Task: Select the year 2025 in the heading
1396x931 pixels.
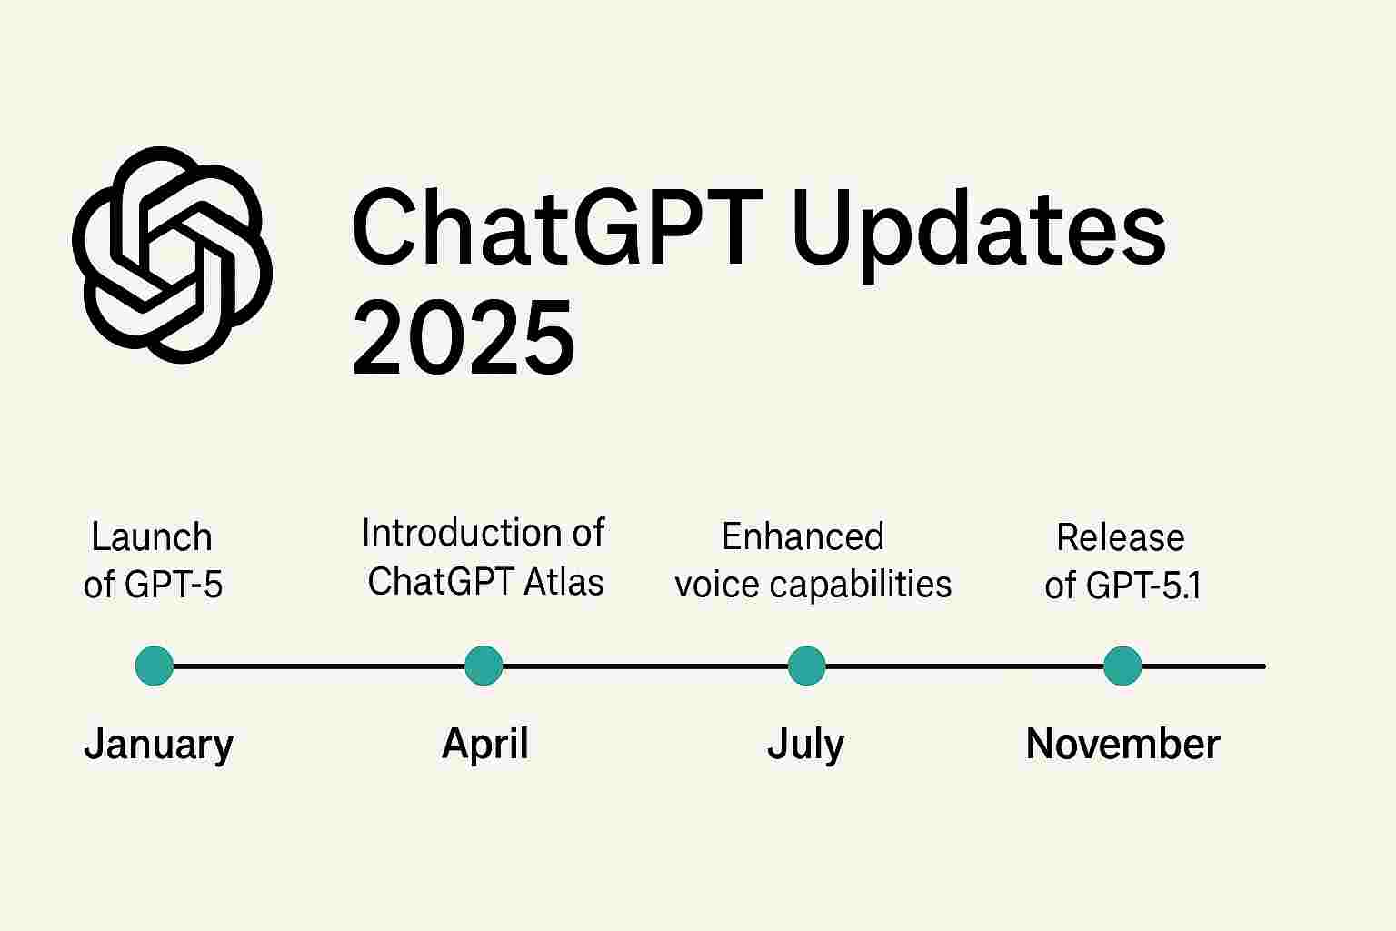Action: (464, 336)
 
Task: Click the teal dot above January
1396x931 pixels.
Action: (154, 666)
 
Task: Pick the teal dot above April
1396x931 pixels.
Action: (484, 666)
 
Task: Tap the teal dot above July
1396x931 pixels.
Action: (806, 666)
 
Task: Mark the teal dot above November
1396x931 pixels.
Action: (1122, 666)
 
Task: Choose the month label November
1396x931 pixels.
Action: (1123, 744)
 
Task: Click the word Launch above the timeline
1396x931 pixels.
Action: (152, 537)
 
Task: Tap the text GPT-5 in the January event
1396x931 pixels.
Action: (174, 585)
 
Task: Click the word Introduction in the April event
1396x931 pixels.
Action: (462, 533)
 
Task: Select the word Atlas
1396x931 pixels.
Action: (563, 582)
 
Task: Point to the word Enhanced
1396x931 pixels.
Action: (803, 536)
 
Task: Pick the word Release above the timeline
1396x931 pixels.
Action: (1121, 537)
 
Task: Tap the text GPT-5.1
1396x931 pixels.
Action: (1143, 586)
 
